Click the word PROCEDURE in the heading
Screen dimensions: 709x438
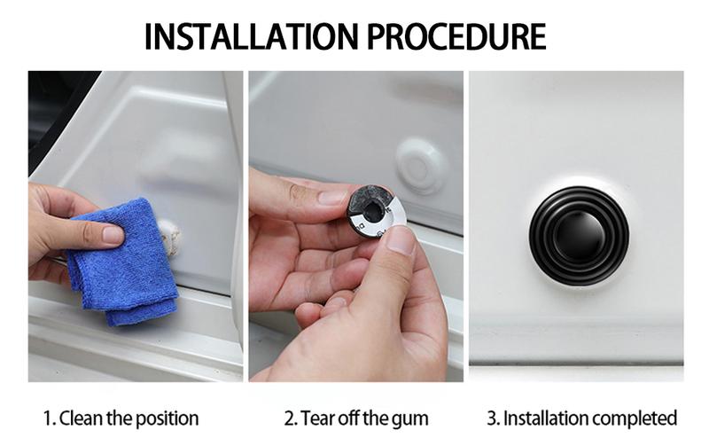456,36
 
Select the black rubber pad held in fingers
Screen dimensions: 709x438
369,206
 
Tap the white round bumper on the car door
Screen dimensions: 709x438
419,166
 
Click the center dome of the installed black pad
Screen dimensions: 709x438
580,237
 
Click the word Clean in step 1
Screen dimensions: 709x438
82,418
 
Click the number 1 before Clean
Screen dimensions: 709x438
48,418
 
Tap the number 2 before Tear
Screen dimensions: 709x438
290,418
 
